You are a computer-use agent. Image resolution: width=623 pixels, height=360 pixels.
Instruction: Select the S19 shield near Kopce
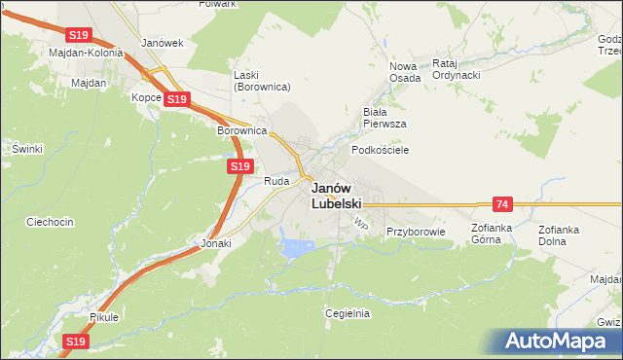click(x=176, y=99)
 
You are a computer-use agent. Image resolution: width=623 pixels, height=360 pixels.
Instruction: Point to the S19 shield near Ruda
click(x=241, y=167)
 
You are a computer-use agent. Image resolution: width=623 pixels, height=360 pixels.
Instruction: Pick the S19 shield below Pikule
click(x=77, y=342)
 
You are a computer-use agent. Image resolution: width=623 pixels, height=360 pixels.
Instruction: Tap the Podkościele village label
click(x=380, y=150)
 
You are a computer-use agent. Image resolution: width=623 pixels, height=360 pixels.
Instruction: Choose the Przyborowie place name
click(x=416, y=232)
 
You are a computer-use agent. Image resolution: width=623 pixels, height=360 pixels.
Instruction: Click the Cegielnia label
click(x=348, y=313)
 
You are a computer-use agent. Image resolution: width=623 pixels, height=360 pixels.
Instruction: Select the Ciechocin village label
click(x=51, y=222)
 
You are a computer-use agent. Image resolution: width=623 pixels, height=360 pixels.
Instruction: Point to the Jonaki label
click(x=216, y=244)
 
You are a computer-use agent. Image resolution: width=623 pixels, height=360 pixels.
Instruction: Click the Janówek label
click(x=163, y=44)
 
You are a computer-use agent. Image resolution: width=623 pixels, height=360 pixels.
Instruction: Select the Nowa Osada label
click(x=404, y=72)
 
